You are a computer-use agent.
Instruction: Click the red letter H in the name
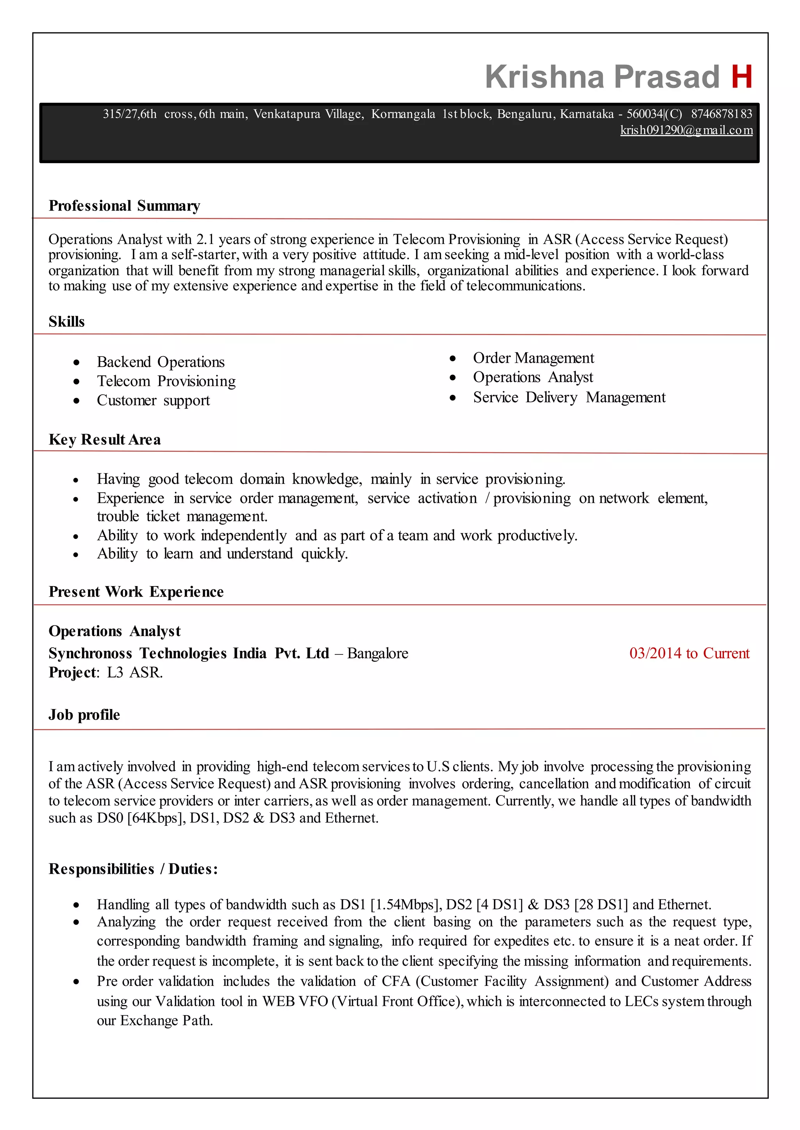[x=741, y=77]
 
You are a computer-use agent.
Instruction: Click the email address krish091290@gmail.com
[x=686, y=130]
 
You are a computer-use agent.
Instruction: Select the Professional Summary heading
[x=124, y=206]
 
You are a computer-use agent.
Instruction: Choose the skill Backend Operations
[x=161, y=362]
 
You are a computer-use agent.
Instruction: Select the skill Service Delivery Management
[x=569, y=397]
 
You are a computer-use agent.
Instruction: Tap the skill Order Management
[x=534, y=358]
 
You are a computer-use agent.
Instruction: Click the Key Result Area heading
[x=104, y=440]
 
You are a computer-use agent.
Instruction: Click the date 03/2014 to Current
[x=689, y=653]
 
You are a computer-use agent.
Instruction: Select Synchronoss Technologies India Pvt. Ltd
[x=189, y=653]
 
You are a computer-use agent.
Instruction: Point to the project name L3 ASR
[x=134, y=673]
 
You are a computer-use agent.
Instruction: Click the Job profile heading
[x=84, y=715]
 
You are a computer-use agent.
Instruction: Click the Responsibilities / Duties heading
[x=133, y=869]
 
